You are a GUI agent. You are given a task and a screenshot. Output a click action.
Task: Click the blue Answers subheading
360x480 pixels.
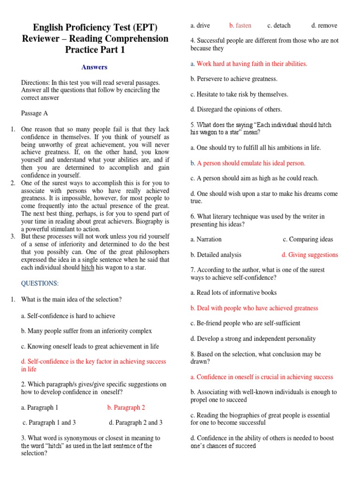point(94,67)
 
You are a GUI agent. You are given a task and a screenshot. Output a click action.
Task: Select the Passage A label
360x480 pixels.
point(34,113)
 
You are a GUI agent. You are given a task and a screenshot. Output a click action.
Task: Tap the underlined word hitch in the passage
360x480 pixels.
point(88,268)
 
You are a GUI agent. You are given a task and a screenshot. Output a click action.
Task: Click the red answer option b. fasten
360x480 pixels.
point(240,25)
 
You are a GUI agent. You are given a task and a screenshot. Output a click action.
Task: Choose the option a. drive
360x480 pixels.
point(200,25)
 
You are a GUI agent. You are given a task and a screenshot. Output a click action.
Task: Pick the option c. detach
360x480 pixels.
point(279,25)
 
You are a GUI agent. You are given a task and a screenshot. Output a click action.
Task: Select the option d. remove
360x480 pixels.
point(324,25)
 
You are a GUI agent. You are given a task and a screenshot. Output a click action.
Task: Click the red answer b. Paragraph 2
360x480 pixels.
point(126,407)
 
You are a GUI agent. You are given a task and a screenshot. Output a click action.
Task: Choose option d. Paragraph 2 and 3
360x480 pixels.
point(135,422)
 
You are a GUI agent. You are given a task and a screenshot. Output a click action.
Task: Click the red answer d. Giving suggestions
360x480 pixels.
point(309,255)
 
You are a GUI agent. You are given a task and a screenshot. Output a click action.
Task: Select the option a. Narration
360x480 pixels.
point(206,239)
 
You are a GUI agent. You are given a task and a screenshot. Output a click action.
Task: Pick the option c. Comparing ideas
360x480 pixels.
point(308,239)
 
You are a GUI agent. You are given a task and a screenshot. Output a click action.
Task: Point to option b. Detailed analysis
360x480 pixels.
point(216,255)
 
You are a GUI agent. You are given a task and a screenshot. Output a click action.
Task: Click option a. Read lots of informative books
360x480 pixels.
point(233,292)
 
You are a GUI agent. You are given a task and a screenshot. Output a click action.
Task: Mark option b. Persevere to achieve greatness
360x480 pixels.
point(234,79)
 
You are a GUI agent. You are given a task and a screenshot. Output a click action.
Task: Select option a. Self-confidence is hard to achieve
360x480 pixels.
point(68,316)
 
